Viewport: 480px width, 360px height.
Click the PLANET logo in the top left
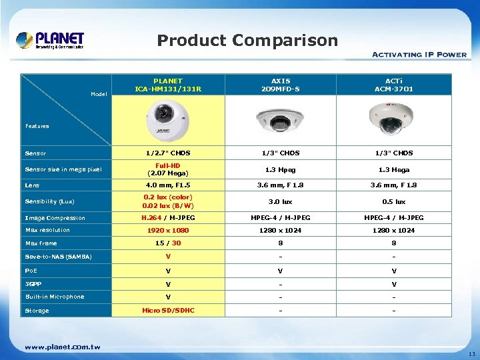pos(50,40)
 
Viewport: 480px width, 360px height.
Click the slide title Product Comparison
pos(247,41)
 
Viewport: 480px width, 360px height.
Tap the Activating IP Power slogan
pos(419,55)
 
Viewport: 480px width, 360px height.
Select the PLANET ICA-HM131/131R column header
pos(168,85)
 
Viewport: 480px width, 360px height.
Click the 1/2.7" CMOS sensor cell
pos(168,153)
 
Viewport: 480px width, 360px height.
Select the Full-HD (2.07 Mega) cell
pos(168,169)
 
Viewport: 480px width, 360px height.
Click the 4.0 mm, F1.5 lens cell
pos(168,185)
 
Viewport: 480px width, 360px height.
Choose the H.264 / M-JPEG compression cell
pos(168,218)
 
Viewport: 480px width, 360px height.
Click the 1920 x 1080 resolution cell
pos(168,231)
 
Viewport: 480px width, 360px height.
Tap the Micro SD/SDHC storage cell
pos(168,311)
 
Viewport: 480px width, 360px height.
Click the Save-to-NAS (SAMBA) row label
pos(58,257)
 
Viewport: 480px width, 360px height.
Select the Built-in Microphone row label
pos(55,297)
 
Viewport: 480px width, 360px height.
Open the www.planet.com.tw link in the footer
pos(63,347)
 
